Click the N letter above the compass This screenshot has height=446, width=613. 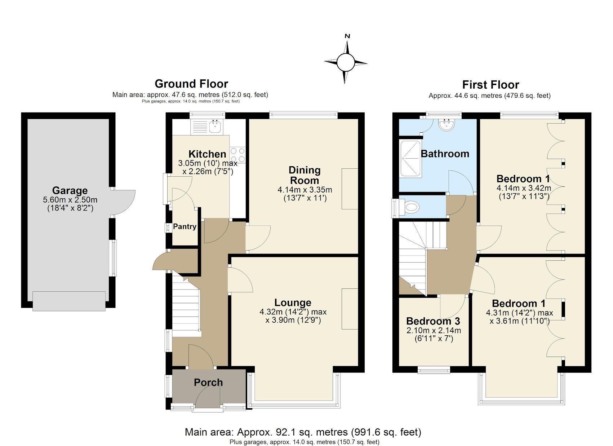[x=347, y=36]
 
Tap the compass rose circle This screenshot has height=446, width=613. [x=346, y=62]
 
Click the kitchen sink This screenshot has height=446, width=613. [x=216, y=126]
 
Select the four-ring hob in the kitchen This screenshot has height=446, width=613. [x=237, y=155]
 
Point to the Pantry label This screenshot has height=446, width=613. [x=185, y=226]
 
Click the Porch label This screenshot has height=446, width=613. [x=208, y=383]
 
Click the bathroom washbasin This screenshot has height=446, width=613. [x=447, y=124]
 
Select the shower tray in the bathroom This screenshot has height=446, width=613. [x=410, y=158]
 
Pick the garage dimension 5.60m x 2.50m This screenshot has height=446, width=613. [x=70, y=200]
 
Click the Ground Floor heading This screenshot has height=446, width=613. [x=191, y=84]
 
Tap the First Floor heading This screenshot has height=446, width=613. [x=490, y=85]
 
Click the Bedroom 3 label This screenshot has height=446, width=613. [x=433, y=321]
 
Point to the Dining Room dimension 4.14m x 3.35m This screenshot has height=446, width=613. [x=305, y=190]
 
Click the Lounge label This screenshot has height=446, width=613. [x=293, y=303]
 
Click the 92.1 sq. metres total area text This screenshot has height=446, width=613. [x=303, y=432]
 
